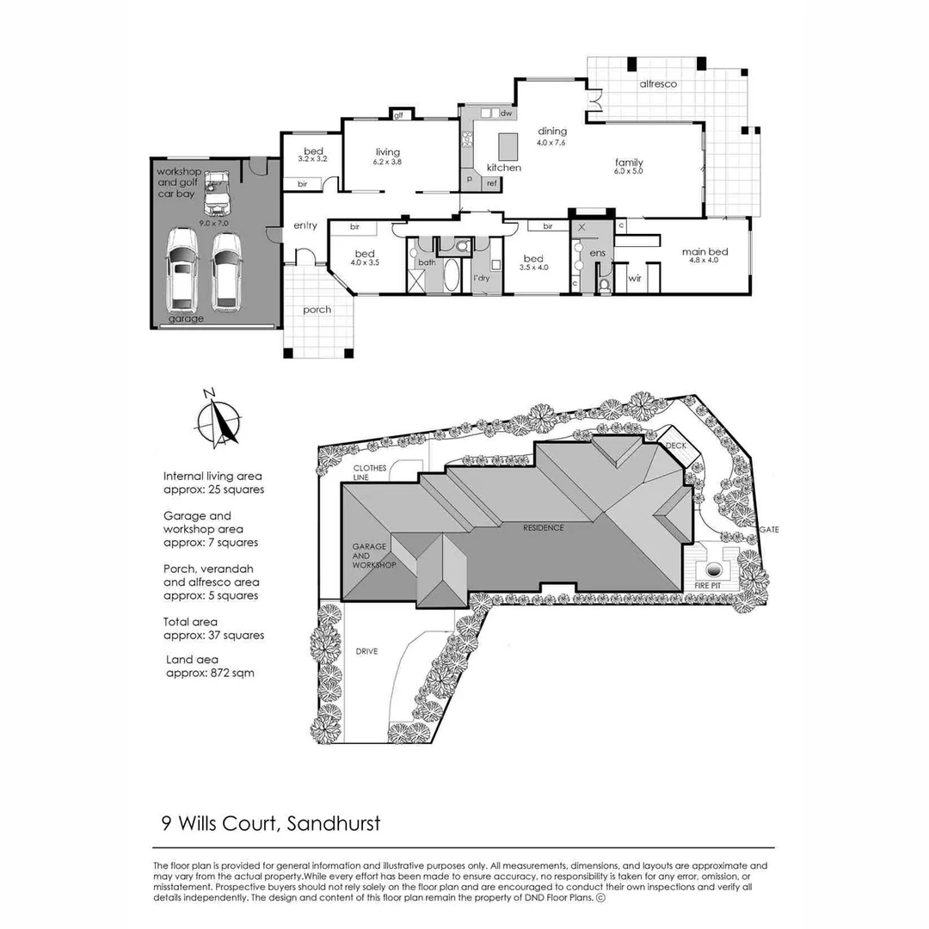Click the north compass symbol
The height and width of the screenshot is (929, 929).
click(219, 419)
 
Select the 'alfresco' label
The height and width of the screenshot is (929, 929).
click(659, 84)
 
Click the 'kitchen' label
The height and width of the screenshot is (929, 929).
click(504, 168)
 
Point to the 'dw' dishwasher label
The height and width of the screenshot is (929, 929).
click(506, 114)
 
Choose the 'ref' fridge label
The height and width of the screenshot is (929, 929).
click(492, 184)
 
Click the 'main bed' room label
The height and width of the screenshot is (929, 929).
click(705, 252)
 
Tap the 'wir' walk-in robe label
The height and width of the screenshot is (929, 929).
click(635, 279)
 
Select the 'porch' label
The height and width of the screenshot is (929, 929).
click(317, 310)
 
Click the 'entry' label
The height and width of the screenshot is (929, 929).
click(305, 226)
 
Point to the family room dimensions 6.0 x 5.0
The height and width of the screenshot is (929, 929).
click(629, 172)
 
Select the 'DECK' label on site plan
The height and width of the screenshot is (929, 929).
click(676, 446)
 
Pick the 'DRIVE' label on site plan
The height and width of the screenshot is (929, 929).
click(367, 651)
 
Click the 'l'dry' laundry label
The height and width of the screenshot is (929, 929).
click(481, 278)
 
